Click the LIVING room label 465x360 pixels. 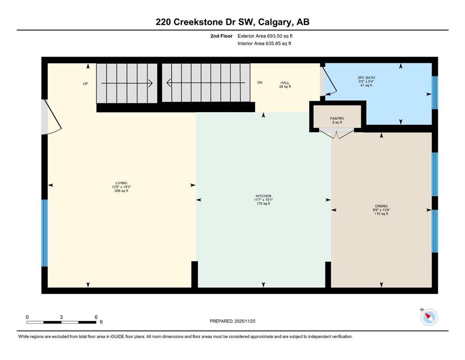pos(121,183)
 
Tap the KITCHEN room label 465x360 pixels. pos(263,196)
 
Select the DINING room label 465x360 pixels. pos(381,206)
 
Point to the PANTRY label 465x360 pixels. pos(337,119)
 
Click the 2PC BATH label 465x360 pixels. pos(366,78)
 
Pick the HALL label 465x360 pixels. pos(285,83)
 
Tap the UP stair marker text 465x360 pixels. pos(85,84)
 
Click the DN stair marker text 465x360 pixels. pos(260,82)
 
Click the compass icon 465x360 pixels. pos(429,317)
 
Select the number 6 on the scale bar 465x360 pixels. pos(96,317)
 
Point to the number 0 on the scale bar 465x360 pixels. pos(27,317)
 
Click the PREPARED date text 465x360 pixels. pos(232,321)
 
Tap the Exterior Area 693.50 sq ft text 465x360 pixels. pos(265,36)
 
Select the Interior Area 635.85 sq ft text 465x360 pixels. pos(264,43)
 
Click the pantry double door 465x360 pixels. pos(337,134)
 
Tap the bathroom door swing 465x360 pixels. pos(329,81)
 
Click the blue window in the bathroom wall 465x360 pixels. pos(435,93)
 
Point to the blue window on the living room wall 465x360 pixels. pos(44,233)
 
